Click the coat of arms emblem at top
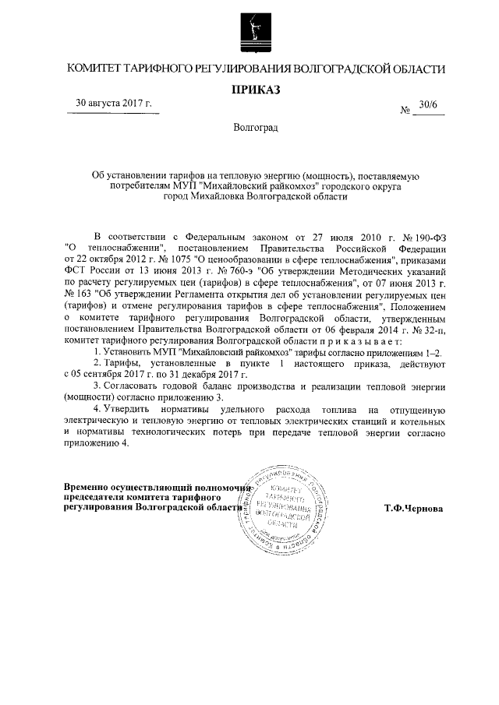click(x=250, y=29)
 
